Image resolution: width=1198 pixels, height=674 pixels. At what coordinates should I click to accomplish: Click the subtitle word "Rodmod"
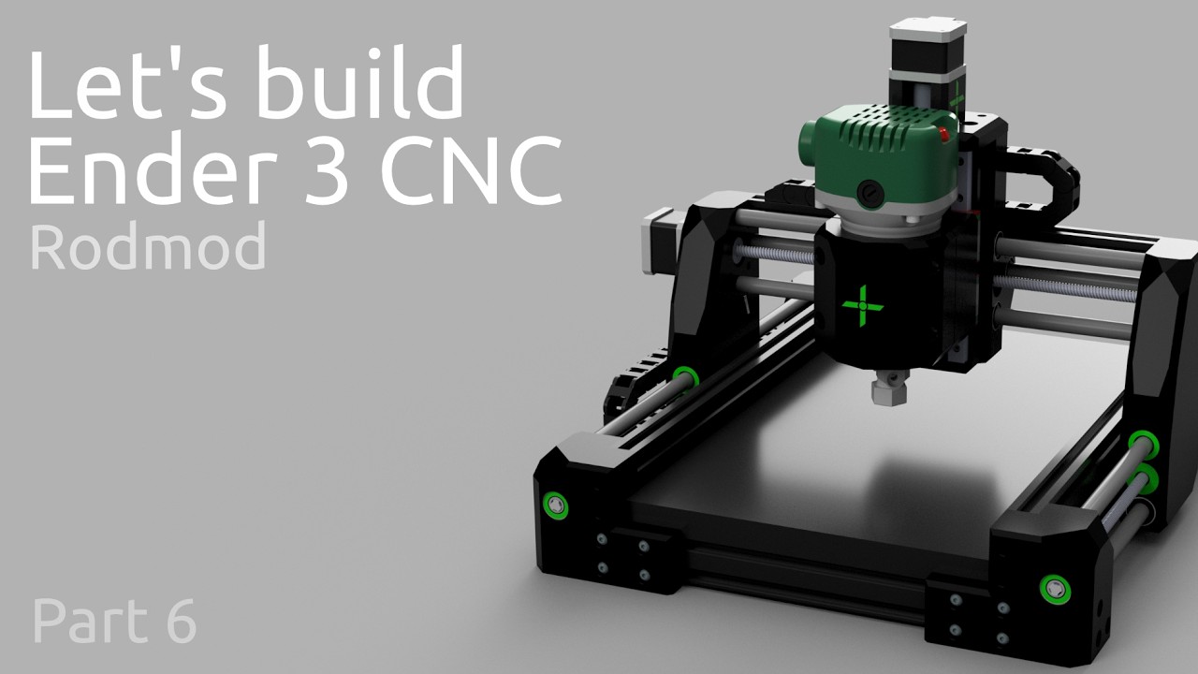click(148, 247)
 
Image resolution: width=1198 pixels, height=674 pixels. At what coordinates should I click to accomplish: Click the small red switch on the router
click(945, 137)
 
